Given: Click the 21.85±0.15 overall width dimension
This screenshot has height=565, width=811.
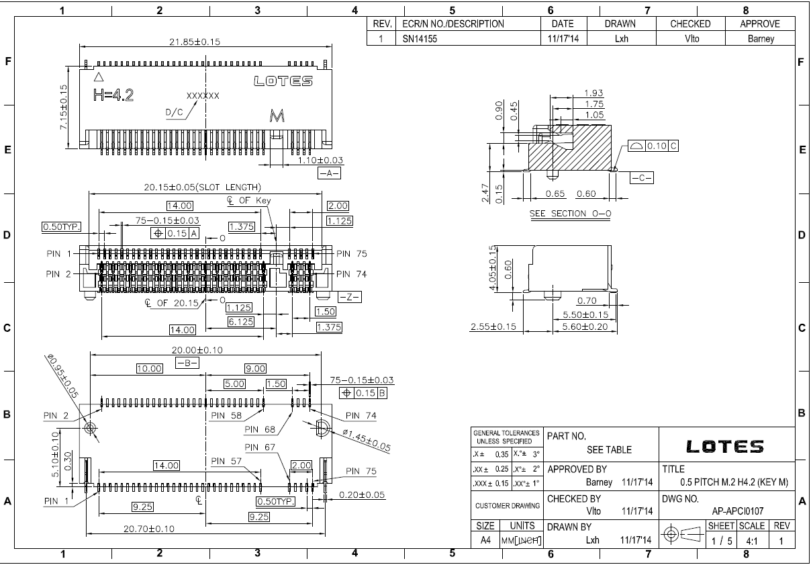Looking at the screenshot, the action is point(195,42).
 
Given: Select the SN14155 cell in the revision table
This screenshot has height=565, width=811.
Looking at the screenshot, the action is point(420,39).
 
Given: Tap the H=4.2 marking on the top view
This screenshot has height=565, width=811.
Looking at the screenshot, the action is point(113,95).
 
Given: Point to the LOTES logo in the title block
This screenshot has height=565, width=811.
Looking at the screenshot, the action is point(725,446).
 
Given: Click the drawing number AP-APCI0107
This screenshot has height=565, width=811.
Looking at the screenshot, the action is point(738,511).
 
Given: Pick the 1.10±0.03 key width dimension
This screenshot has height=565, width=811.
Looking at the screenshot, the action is point(320,160).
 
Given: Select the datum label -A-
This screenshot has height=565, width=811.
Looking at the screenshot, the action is point(329,173).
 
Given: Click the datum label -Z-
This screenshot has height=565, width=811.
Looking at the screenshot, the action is point(349,297).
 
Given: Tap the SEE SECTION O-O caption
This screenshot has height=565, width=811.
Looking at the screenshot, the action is point(570,214).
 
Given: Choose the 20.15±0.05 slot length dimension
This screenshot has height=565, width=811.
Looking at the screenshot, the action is point(202,187).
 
